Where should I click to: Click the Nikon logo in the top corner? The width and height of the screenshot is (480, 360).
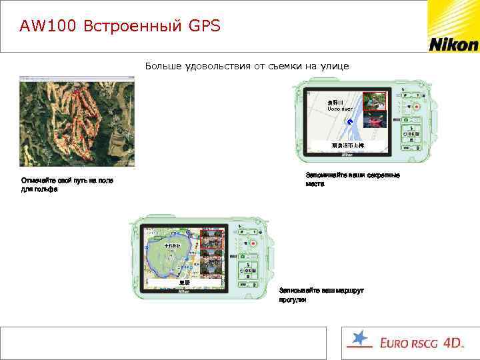pyautogui.click(x=453, y=45)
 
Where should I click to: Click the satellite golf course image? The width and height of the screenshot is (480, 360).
pyautogui.click(x=77, y=121)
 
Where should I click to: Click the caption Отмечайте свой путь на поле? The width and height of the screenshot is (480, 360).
pyautogui.click(x=62, y=181)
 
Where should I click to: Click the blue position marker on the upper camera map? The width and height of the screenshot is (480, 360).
pyautogui.click(x=349, y=121)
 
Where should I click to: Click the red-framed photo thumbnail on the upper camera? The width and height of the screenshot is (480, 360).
pyautogui.click(x=375, y=101)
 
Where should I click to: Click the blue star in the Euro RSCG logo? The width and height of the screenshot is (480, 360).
pyautogui.click(x=359, y=339)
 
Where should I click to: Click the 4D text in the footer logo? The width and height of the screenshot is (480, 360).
pyautogui.click(x=453, y=343)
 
